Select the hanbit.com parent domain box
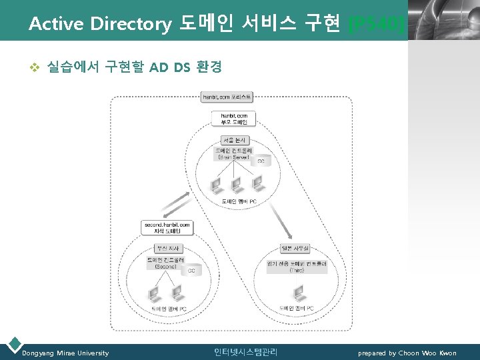[233, 119]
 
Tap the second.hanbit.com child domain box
[167, 227]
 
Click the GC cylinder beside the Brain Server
[261, 161]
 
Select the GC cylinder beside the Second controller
[191, 269]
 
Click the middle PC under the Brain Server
[235, 184]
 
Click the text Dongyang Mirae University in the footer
[65, 353]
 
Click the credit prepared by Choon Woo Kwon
[407, 353]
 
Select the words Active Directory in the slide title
[100, 24]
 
